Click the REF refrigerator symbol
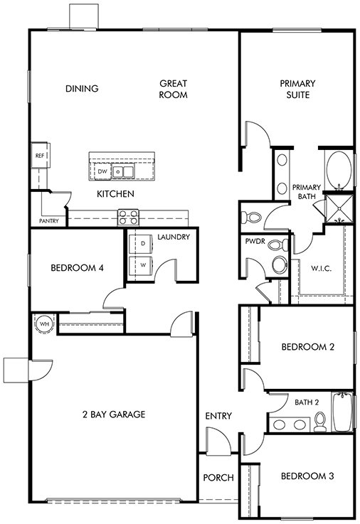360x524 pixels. [x=40, y=156]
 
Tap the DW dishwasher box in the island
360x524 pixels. [x=102, y=171]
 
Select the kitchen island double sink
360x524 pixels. [x=123, y=172]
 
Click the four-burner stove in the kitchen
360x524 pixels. [x=128, y=217]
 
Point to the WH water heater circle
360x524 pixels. [x=44, y=324]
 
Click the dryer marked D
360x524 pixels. [x=143, y=244]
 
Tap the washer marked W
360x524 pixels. [x=143, y=265]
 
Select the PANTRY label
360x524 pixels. [x=49, y=221]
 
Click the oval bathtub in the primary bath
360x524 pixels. [x=339, y=170]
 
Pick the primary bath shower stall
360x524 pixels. [x=339, y=209]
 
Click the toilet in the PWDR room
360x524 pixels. [x=278, y=245]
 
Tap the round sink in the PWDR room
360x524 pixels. [x=280, y=264]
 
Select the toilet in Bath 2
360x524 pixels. [x=320, y=421]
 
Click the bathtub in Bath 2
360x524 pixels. [x=342, y=412]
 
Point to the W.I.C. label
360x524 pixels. [x=322, y=268]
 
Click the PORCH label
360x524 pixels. [x=218, y=478]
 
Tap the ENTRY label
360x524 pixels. [x=218, y=416]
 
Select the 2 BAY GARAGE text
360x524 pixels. [x=114, y=415]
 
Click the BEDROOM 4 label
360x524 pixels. [x=78, y=267]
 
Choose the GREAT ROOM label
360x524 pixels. [x=173, y=89]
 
